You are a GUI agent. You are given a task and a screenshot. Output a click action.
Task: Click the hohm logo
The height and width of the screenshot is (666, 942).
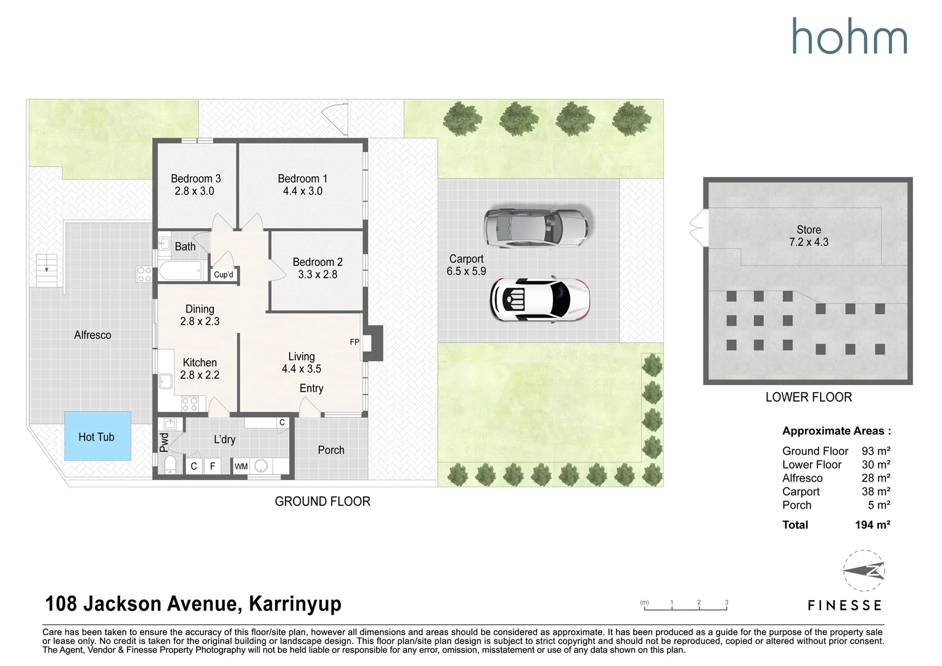[x=849, y=36]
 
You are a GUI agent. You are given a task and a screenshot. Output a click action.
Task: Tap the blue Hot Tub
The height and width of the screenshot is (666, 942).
[x=97, y=436]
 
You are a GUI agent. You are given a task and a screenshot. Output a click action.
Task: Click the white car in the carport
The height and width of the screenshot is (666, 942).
[x=540, y=300]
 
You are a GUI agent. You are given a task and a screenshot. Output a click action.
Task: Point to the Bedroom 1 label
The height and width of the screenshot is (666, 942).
[x=302, y=179]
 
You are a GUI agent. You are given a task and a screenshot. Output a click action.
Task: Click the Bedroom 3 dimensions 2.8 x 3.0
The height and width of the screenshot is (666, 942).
[x=194, y=191]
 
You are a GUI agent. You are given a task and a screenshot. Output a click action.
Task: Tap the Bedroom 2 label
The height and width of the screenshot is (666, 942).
[x=317, y=262]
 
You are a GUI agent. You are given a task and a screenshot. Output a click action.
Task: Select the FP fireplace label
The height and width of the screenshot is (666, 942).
[x=354, y=342]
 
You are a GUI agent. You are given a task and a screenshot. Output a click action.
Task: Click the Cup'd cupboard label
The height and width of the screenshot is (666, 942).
[x=223, y=275]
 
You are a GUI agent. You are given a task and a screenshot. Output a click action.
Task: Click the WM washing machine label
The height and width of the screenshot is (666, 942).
[x=241, y=467]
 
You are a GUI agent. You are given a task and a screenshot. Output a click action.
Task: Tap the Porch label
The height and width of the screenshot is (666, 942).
[x=331, y=450]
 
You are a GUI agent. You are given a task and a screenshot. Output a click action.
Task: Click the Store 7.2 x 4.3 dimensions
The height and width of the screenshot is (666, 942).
[x=808, y=242]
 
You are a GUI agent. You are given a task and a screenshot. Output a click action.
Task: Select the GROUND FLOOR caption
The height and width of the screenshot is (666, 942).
[x=322, y=501]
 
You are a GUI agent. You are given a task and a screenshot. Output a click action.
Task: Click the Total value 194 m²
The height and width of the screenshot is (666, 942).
[x=872, y=525]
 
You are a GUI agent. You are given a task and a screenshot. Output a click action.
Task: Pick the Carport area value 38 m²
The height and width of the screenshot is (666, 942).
[x=875, y=491]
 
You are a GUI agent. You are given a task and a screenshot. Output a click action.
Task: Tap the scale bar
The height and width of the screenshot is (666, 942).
[x=686, y=607]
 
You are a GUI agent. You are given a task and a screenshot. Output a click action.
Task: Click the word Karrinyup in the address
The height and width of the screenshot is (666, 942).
[x=295, y=604]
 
